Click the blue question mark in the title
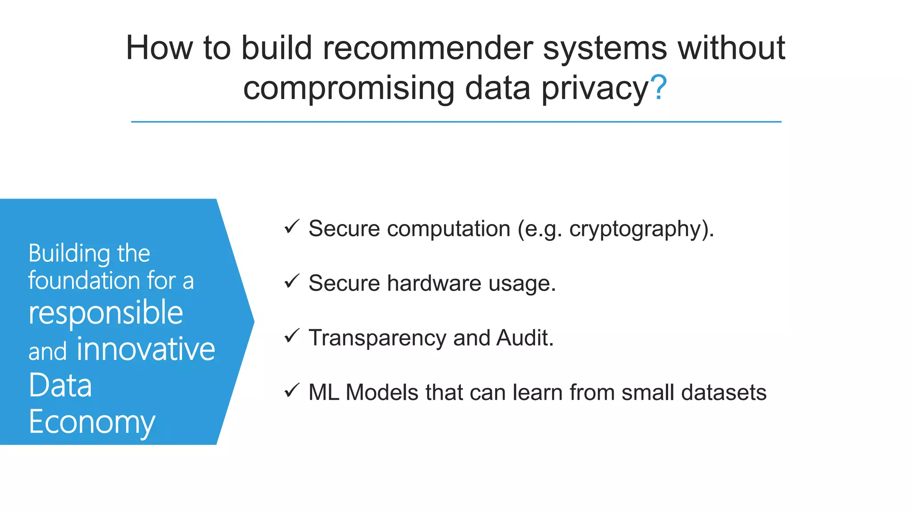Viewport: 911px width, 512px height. tap(658, 88)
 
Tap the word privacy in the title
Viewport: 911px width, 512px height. tap(595, 88)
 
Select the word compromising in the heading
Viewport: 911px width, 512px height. tap(349, 88)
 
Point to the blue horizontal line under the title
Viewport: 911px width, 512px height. tap(455, 122)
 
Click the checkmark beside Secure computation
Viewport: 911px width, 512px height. tap(292, 227)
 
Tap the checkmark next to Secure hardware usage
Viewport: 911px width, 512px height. tap(292, 281)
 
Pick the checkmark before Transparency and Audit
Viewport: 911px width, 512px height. tap(292, 336)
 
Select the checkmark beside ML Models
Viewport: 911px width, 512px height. tap(292, 391)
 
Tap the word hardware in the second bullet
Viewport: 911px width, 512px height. tap(434, 283)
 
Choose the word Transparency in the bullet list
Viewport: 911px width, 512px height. tap(377, 338)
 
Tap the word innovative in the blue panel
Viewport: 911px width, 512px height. tap(145, 349)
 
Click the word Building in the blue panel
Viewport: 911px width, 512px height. tap(69, 254)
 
